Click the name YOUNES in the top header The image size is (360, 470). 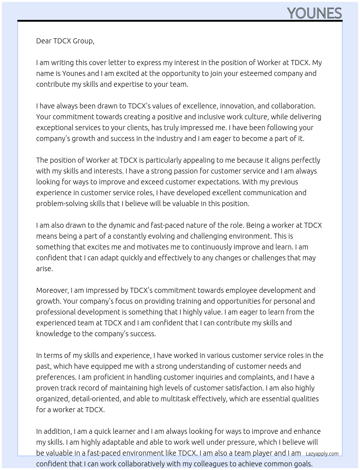pos(314,13)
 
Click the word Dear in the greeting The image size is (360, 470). pos(44,41)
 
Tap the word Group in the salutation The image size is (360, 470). pos(83,41)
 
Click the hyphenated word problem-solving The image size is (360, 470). pos(60,204)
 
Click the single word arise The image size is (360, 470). pos(44,269)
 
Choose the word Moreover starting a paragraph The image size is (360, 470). pos(52,290)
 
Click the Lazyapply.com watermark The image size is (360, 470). pos(322,454)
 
